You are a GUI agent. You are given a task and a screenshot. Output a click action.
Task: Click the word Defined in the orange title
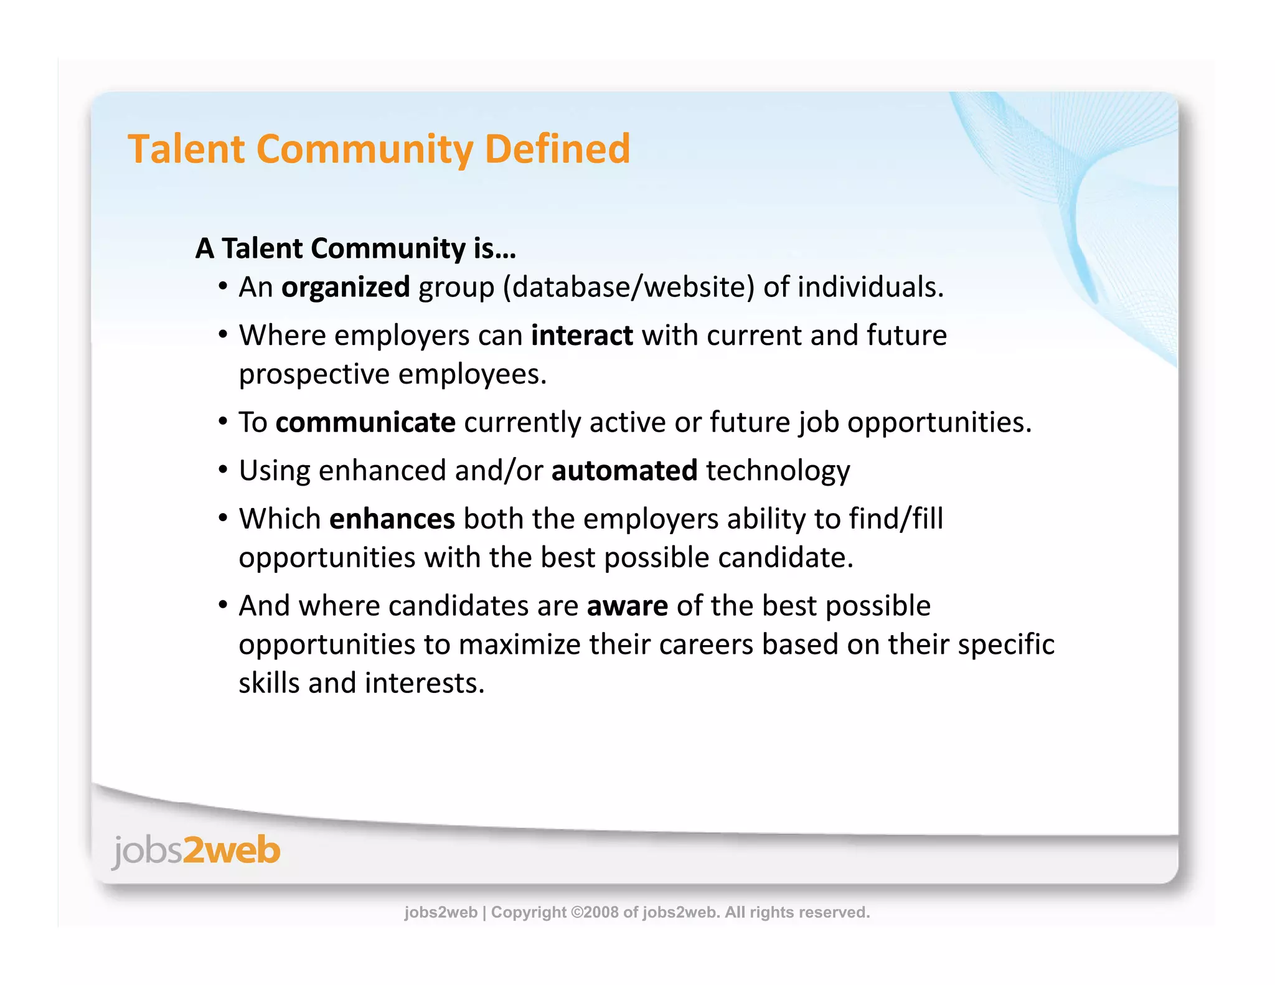coord(557,149)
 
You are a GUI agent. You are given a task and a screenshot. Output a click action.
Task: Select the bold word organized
coord(346,288)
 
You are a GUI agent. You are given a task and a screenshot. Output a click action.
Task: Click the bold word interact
coord(581,336)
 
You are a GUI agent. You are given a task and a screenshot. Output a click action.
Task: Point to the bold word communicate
coord(365,423)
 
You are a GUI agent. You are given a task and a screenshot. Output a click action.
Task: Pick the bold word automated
coord(624,471)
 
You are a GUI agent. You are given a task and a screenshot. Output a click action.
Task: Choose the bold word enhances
coord(392,519)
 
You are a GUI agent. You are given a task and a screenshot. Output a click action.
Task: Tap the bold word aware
coord(627,606)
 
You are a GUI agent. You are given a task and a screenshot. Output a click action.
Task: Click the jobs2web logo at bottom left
coord(196,851)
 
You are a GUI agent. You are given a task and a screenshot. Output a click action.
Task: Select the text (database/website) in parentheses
coord(628,288)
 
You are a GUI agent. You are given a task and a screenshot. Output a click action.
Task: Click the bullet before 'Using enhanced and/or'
coord(223,470)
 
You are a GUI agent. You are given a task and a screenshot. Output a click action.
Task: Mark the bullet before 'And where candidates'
coord(223,605)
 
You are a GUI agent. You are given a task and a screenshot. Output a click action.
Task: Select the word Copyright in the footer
coord(529,912)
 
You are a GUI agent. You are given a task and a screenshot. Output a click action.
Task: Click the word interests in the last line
coord(424,684)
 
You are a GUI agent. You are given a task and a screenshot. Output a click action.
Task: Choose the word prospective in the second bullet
coord(314,375)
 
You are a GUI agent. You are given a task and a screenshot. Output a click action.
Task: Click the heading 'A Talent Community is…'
coord(355,248)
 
